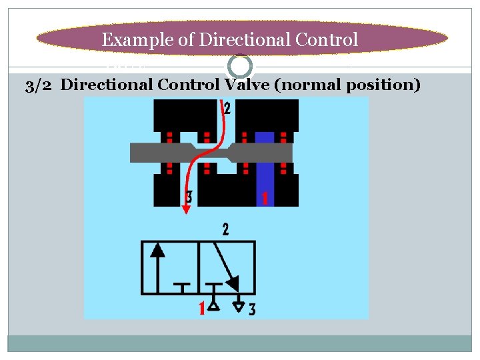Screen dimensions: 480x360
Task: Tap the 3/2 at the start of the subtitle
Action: tap(39, 85)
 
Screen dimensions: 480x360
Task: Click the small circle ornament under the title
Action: tap(240, 66)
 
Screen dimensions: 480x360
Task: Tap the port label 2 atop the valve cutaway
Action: tap(228, 108)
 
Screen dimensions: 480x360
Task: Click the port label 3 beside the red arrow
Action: tap(190, 197)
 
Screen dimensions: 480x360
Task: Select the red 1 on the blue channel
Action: tap(265, 198)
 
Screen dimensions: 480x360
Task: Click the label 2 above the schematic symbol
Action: tap(225, 231)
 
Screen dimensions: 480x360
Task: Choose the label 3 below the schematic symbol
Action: tap(251, 309)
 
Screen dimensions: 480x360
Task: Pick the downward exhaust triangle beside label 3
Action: tap(238, 307)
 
